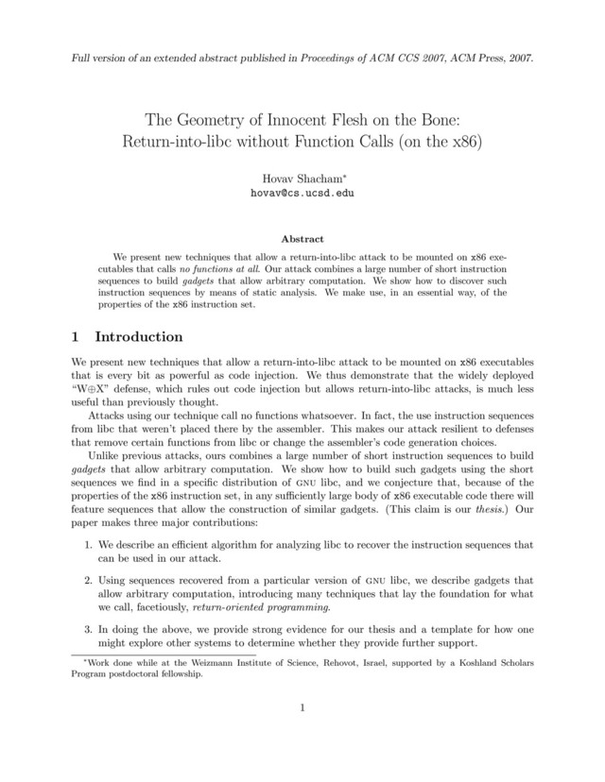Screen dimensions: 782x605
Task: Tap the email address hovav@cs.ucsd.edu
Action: [302, 192]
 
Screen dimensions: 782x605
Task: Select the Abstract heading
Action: [302, 239]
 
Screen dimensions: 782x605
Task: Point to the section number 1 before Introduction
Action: [77, 337]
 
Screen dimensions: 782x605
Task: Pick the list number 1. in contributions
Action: [87, 545]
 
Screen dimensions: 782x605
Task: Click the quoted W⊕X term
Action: [91, 390]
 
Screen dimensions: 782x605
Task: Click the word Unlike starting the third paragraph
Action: [105, 457]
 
